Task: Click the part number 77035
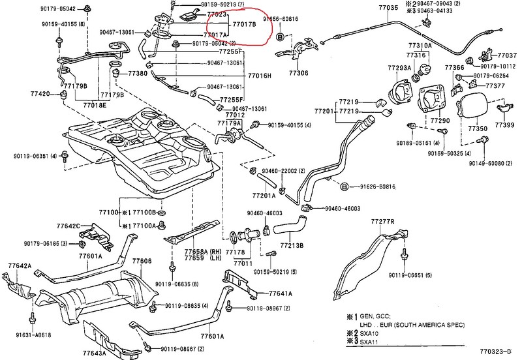(386, 8)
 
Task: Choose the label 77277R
(383, 222)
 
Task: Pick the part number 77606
(142, 261)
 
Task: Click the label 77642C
(69, 226)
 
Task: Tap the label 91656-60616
(281, 20)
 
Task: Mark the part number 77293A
(399, 67)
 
